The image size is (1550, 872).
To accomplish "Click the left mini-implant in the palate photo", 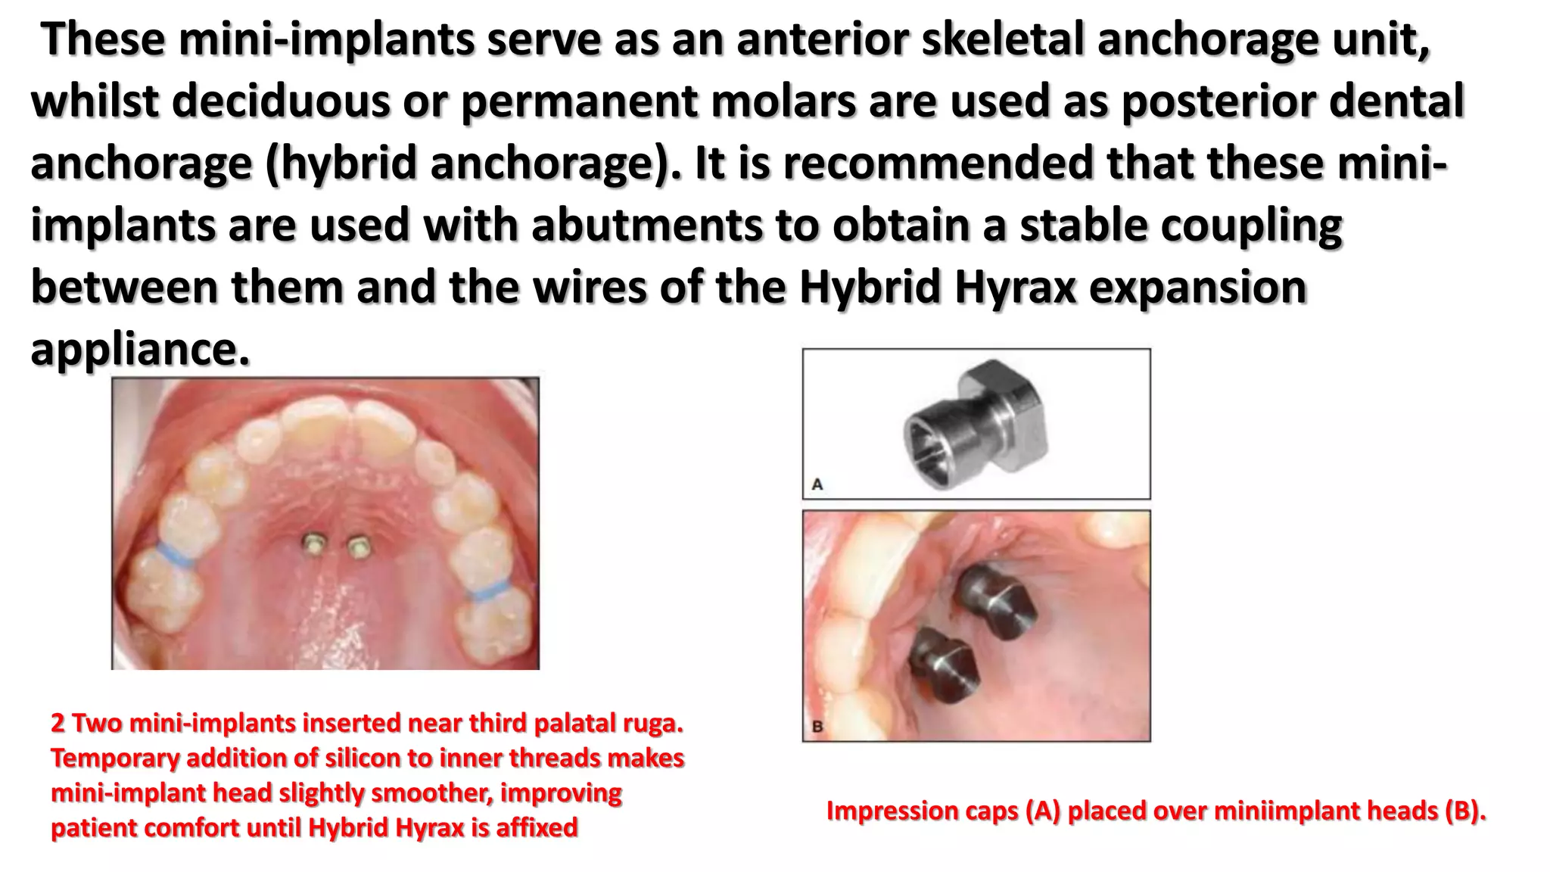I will tap(312, 543).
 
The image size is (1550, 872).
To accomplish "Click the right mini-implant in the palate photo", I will tap(359, 545).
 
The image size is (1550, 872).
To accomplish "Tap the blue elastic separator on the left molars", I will tap(174, 555).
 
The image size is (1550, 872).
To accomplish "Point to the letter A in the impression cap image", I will tap(817, 484).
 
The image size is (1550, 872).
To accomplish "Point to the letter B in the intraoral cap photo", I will tap(817, 727).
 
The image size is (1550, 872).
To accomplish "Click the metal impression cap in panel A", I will tap(976, 424).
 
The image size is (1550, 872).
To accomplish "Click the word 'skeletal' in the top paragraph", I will tap(1003, 39).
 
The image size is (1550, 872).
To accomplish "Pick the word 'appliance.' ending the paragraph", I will tap(140, 350).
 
